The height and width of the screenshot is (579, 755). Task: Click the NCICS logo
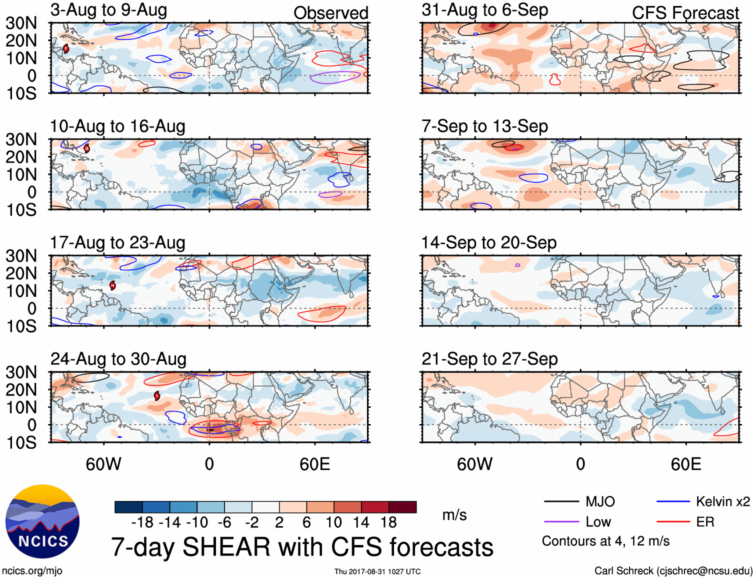coord(42,521)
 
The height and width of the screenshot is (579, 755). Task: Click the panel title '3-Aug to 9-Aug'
coord(108,10)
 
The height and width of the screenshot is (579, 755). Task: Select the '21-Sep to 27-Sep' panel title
coord(489,359)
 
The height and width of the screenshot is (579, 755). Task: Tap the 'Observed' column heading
coord(330,13)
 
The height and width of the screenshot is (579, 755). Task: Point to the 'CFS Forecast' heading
coord(685,13)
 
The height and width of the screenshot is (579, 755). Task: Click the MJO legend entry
coord(600,501)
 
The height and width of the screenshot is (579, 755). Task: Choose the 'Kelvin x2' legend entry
coord(722,501)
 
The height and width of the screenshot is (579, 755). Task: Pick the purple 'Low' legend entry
coord(598,522)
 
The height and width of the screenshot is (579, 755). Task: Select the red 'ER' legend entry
coord(705,522)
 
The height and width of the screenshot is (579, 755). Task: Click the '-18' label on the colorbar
coord(142,522)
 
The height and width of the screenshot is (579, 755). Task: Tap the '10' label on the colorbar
coord(333,522)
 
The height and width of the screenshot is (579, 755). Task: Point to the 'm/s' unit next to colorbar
coord(454,515)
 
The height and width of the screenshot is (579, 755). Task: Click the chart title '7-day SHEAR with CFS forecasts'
coord(302,547)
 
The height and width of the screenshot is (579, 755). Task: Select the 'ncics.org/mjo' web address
coord(32,571)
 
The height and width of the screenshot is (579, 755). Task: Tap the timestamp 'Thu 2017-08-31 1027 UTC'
coord(377,571)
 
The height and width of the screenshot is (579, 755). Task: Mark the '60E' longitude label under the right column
coord(685,464)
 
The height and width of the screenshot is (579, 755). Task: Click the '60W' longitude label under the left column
coord(103,464)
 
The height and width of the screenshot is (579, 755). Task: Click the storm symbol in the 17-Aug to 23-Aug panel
coord(112,285)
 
